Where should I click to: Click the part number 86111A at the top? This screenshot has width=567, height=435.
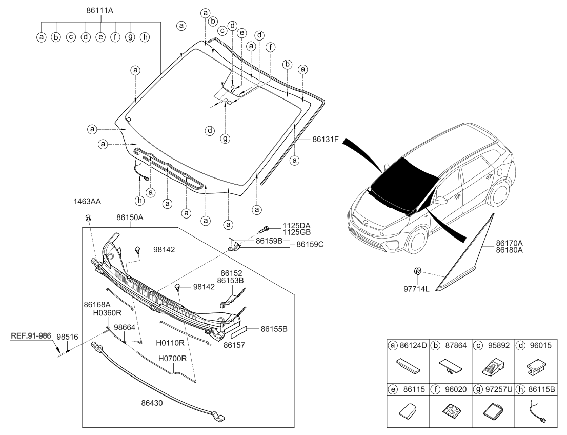tap(101, 10)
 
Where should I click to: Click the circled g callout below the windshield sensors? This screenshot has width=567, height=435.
tap(225, 137)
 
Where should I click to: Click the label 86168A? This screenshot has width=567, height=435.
tap(98, 304)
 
